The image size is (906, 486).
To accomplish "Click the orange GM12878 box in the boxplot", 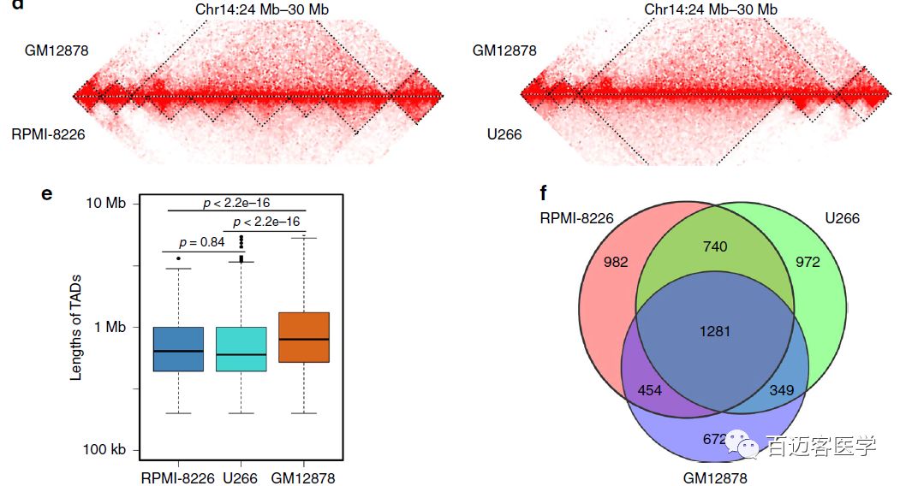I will coord(305,337).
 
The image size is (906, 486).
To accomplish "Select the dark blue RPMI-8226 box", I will coord(178,349).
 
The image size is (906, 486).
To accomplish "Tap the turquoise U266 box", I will coord(241,349).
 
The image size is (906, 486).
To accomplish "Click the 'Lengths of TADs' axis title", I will coord(76,326).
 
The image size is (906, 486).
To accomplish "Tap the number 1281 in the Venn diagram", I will coord(715,330).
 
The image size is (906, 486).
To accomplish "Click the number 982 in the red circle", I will coord(616,261).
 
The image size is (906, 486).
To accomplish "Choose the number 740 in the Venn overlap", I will coord(715,246).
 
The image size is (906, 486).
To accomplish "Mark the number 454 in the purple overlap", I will coord(651,390).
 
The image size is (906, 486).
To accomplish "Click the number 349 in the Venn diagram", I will coord(781,390).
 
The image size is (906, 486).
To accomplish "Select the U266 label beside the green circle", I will coord(842,218).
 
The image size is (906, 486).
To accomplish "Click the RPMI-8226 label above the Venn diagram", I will coord(576,217).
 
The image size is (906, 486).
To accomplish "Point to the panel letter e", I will coord(47,193).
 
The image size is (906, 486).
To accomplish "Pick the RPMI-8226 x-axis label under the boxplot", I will coord(178,477).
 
